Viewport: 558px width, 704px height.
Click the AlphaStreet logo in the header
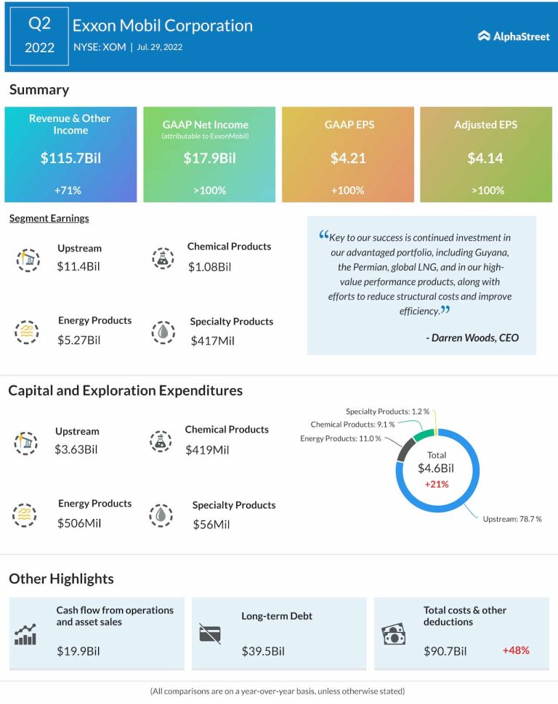pyautogui.click(x=514, y=36)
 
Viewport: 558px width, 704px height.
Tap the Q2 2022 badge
pyautogui.click(x=39, y=36)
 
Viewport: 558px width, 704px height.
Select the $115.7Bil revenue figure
pyautogui.click(x=70, y=158)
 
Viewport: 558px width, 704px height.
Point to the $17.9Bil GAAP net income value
pyautogui.click(x=209, y=158)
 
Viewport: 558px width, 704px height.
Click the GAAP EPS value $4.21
pyautogui.click(x=347, y=158)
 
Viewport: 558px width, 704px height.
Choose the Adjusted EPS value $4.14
pyautogui.click(x=485, y=158)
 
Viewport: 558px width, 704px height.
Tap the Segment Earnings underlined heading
pyautogui.click(x=49, y=218)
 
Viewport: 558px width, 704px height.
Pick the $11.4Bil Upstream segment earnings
pyautogui.click(x=78, y=266)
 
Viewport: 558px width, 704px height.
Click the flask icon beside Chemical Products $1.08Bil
pyautogui.click(x=163, y=258)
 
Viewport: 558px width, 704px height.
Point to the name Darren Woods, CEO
pyautogui.click(x=472, y=337)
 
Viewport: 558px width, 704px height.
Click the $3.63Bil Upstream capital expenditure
pyautogui.click(x=76, y=449)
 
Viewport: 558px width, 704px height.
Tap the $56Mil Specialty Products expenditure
pyautogui.click(x=211, y=523)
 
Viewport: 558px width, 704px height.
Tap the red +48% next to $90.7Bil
pyautogui.click(x=516, y=650)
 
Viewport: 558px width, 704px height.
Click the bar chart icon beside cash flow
pyautogui.click(x=25, y=635)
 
